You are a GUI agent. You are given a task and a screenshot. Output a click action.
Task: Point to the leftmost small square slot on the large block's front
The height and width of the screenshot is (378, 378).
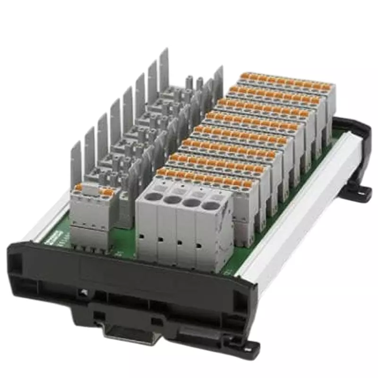[x=141, y=234]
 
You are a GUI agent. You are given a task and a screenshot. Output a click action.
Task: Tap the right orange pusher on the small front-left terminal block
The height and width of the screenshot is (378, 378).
[x=108, y=193]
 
